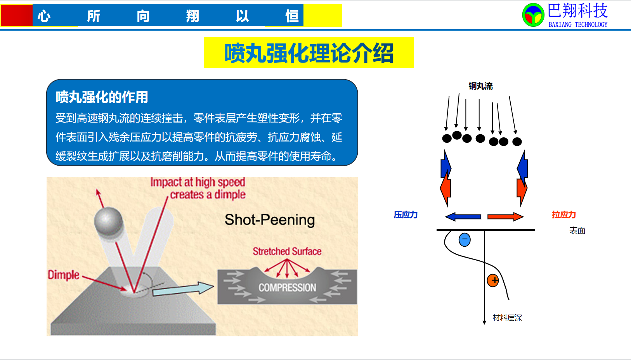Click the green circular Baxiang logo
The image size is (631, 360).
click(x=533, y=15)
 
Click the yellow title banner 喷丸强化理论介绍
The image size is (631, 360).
click(x=309, y=53)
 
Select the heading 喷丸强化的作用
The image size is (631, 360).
click(x=102, y=97)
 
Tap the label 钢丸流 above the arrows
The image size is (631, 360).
click(x=480, y=86)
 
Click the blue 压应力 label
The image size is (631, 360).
click(x=406, y=215)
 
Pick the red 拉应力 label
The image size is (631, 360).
click(x=563, y=215)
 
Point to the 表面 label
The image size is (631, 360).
click(x=577, y=230)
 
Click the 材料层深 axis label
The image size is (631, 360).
click(x=507, y=318)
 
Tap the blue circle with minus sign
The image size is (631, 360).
click(x=465, y=240)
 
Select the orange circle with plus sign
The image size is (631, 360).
click(x=493, y=280)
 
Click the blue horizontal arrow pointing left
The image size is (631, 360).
click(x=463, y=216)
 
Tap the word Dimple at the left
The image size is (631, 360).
click(x=63, y=275)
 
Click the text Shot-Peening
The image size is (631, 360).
click(x=270, y=220)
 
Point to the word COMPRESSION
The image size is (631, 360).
click(x=287, y=287)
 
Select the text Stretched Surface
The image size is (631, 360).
click(x=287, y=251)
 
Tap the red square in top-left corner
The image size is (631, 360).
click(x=17, y=15)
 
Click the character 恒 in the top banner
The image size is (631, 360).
click(x=292, y=16)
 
